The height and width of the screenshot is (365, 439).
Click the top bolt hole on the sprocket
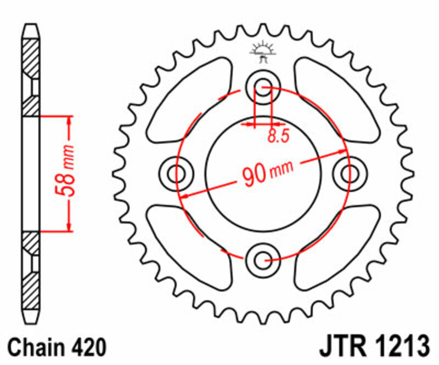click(x=263, y=86)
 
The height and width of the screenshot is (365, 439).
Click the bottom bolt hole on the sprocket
click(x=263, y=259)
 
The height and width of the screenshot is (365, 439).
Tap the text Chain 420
click(x=57, y=347)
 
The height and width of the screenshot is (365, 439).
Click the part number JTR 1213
click(x=373, y=347)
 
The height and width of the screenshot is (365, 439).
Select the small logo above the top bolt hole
click(x=262, y=50)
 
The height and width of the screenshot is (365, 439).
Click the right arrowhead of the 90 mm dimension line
click(x=342, y=153)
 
